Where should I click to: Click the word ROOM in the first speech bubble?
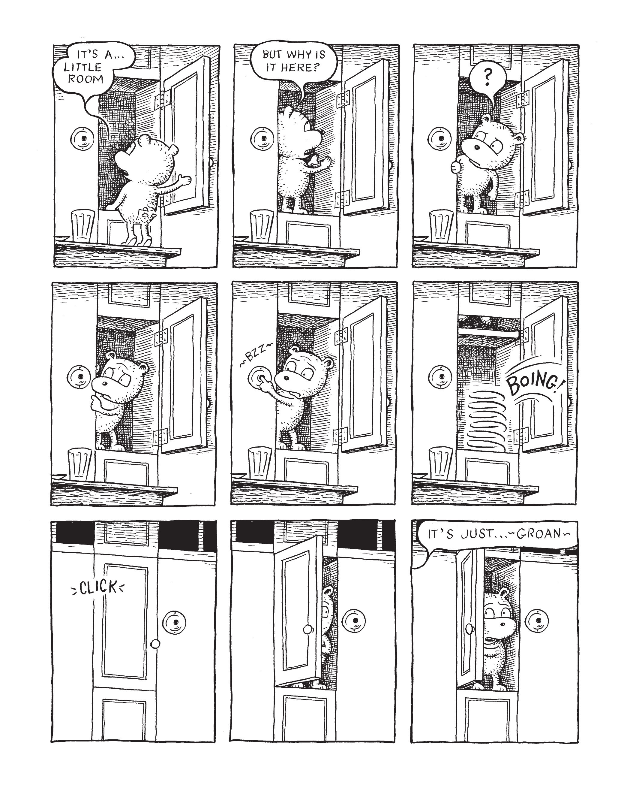tap(86, 79)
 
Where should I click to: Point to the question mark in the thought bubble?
tap(487, 77)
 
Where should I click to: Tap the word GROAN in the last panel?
tap(539, 534)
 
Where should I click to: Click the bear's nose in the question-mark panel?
tap(476, 147)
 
